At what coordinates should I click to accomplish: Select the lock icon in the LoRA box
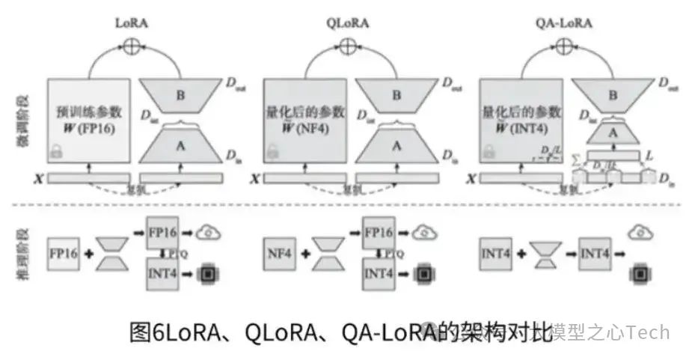pyautogui.click(x=55, y=153)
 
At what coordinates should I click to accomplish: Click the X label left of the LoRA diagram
pyautogui.click(x=37, y=178)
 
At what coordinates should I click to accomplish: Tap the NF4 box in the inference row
pyautogui.click(x=278, y=251)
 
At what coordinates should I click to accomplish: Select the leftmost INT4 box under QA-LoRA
pyautogui.click(x=494, y=251)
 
